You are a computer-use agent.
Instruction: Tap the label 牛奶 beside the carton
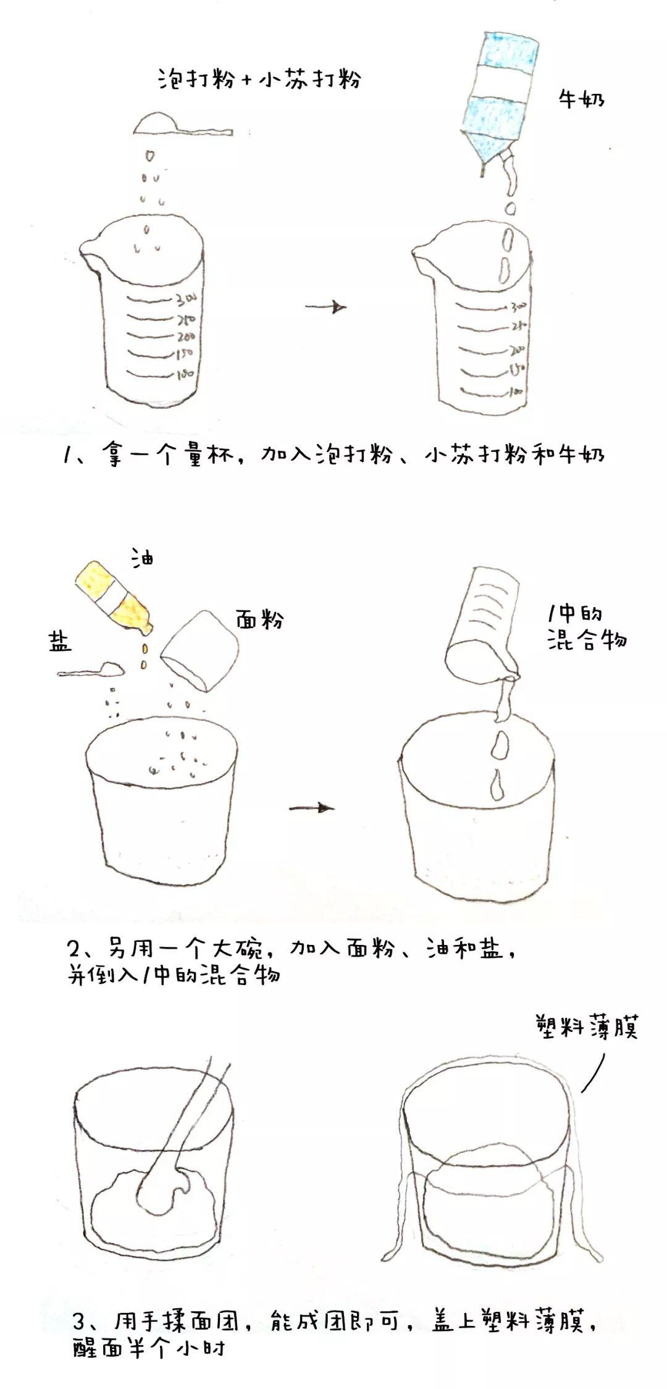(x=581, y=99)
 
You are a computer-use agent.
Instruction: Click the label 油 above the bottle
(x=142, y=558)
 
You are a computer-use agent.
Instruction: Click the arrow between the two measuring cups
(x=325, y=306)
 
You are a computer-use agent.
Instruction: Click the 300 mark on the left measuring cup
(x=186, y=300)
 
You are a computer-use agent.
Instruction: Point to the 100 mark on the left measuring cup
(x=185, y=374)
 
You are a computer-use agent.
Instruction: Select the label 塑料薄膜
(x=586, y=1027)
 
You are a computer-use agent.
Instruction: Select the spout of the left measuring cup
(x=91, y=253)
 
